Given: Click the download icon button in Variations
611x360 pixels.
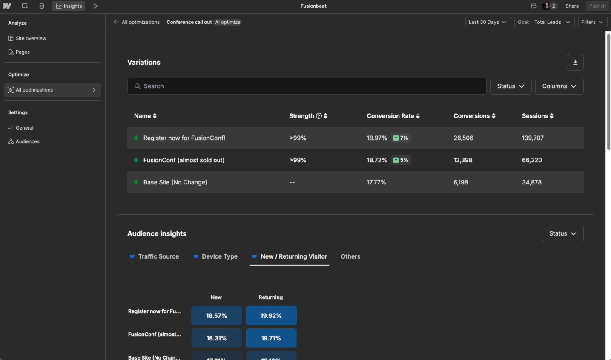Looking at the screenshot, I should [575, 62].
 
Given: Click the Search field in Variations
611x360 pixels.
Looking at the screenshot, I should [307, 86].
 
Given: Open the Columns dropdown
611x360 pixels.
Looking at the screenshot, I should [559, 86].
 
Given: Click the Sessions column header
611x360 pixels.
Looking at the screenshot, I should [537, 116].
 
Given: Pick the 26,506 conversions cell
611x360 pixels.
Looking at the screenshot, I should [463, 138].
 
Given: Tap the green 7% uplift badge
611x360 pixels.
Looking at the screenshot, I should [401, 138].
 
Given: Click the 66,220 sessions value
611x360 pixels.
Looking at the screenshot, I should [532, 160].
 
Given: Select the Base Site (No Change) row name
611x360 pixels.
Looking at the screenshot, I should [175, 182].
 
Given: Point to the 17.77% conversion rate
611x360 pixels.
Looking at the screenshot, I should [376, 182].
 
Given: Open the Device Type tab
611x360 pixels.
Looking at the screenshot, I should [219, 256].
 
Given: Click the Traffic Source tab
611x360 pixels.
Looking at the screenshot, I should [158, 256].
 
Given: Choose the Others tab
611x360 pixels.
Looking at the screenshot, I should [350, 256].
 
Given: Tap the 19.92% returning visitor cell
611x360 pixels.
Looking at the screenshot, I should [271, 316].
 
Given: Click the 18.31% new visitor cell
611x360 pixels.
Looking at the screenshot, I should [216, 338].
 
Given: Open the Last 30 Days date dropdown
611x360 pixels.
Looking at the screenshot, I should [488, 22].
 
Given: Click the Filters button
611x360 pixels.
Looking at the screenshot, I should [592, 22].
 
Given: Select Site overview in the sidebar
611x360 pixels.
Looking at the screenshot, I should [31, 38].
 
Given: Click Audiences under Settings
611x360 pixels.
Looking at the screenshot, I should [27, 141].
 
